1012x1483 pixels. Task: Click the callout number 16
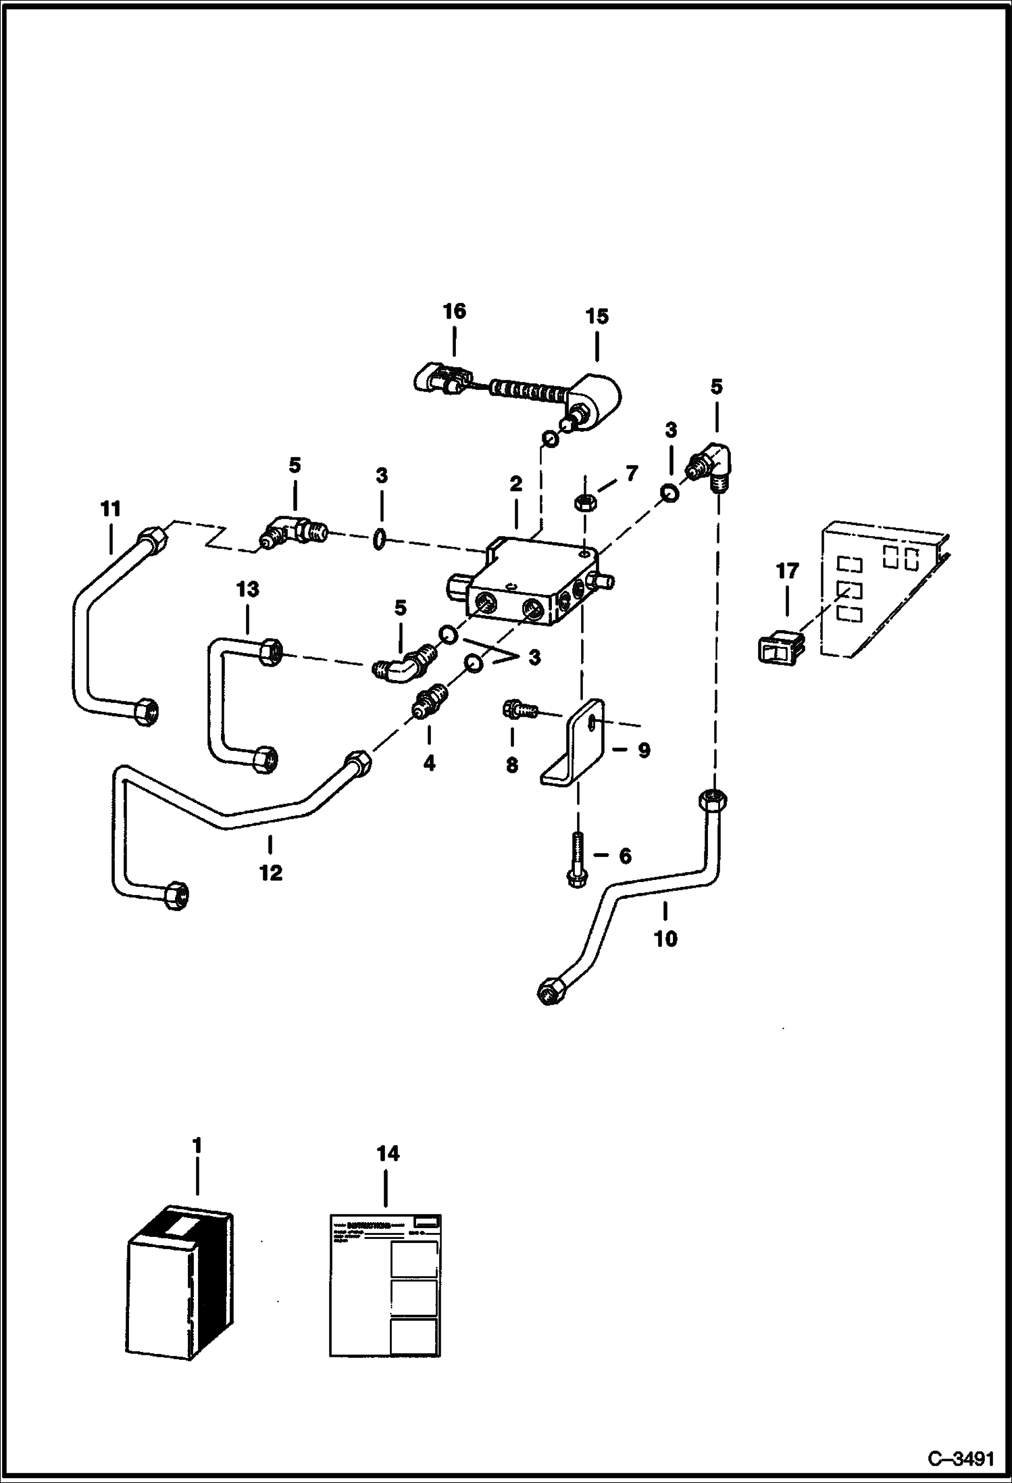(x=454, y=312)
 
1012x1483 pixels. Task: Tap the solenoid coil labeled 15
(x=594, y=400)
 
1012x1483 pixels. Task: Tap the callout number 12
(x=270, y=873)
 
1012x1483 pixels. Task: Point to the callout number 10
(x=665, y=939)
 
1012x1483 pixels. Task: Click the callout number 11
(x=110, y=509)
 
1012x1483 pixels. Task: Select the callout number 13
(x=247, y=589)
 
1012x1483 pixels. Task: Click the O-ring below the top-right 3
(x=668, y=493)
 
